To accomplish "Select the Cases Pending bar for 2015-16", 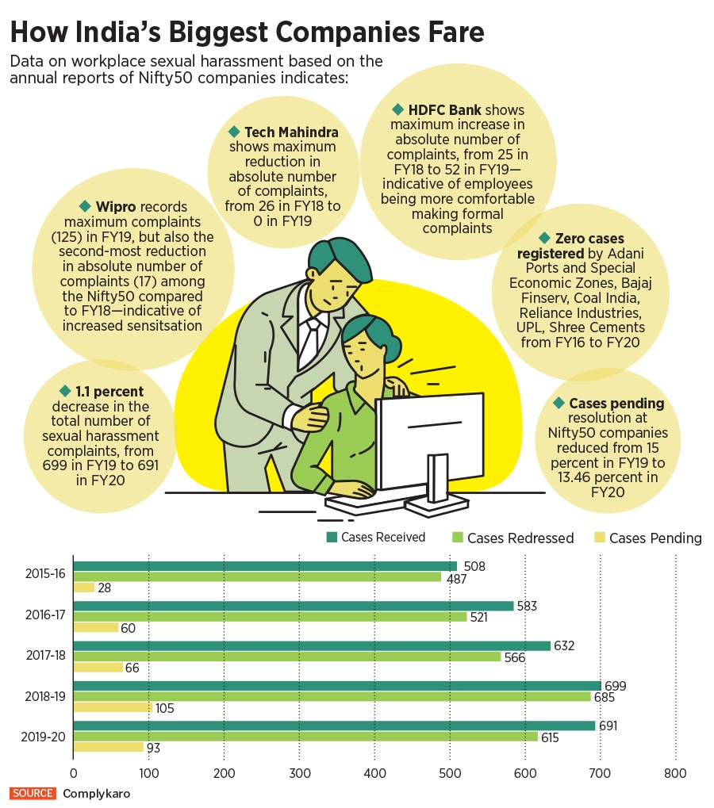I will click(x=84, y=588).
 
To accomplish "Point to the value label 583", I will click(x=527, y=606).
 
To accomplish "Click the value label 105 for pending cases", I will click(x=164, y=707).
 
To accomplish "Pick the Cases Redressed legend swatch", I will click(x=456, y=538).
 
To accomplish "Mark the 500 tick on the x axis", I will click(x=450, y=773).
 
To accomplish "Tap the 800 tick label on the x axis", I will click(x=675, y=773).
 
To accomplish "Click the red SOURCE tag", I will click(x=33, y=793).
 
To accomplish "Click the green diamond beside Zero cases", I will click(x=544, y=238).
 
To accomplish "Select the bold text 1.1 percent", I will click(x=111, y=392).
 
